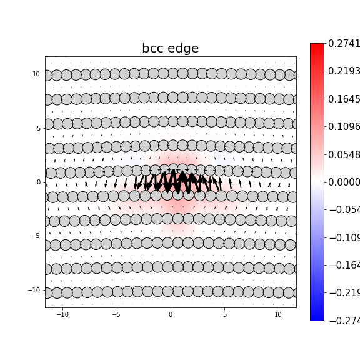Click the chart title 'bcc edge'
[170, 49]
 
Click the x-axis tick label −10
[62, 314]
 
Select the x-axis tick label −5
[116, 314]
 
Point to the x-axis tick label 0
[171, 314]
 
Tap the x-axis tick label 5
[224, 314]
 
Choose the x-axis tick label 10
[278, 314]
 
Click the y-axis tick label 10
[36, 74]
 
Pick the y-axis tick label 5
[38, 128]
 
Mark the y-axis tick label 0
[38, 182]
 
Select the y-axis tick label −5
[36, 236]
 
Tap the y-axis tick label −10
[34, 290]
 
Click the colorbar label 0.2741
[344, 43]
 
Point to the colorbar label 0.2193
[344, 71]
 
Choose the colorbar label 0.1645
[344, 99]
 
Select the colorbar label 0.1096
[344, 127]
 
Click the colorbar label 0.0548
[344, 154]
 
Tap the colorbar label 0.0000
[344, 182]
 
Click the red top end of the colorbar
[317, 46]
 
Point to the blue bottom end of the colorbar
[317, 318]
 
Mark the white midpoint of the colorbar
[317, 182]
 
